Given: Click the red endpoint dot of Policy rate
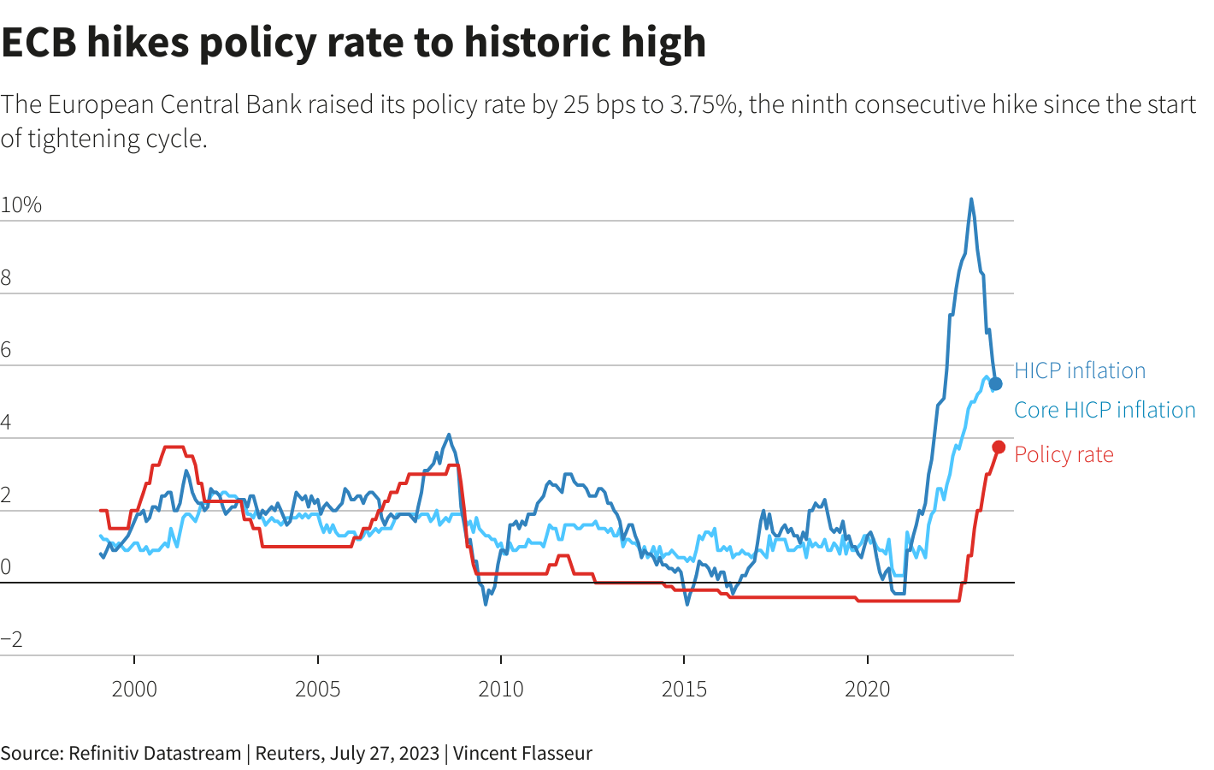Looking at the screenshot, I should point(999,447).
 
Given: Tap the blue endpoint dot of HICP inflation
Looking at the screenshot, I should point(996,383).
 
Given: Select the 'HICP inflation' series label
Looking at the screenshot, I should point(1080,370).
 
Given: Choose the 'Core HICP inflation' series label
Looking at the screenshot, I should point(1105,410).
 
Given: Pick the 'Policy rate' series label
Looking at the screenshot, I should point(1064,454).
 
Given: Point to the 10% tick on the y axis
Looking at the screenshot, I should point(21,205).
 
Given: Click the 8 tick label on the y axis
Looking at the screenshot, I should point(7,277).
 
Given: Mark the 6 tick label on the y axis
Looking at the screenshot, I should point(7,349).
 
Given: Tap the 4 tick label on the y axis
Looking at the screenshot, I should point(7,422).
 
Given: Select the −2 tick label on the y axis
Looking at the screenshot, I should point(12,639).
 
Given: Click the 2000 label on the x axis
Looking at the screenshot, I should point(134,689).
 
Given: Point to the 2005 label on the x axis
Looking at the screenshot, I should point(317,689).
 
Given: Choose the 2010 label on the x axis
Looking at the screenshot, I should point(501,689).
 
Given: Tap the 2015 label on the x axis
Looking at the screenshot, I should point(684,689).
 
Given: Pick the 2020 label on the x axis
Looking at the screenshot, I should point(867,689).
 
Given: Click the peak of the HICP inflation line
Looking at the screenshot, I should point(971,199).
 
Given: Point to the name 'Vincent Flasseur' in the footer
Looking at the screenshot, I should point(522,754).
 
